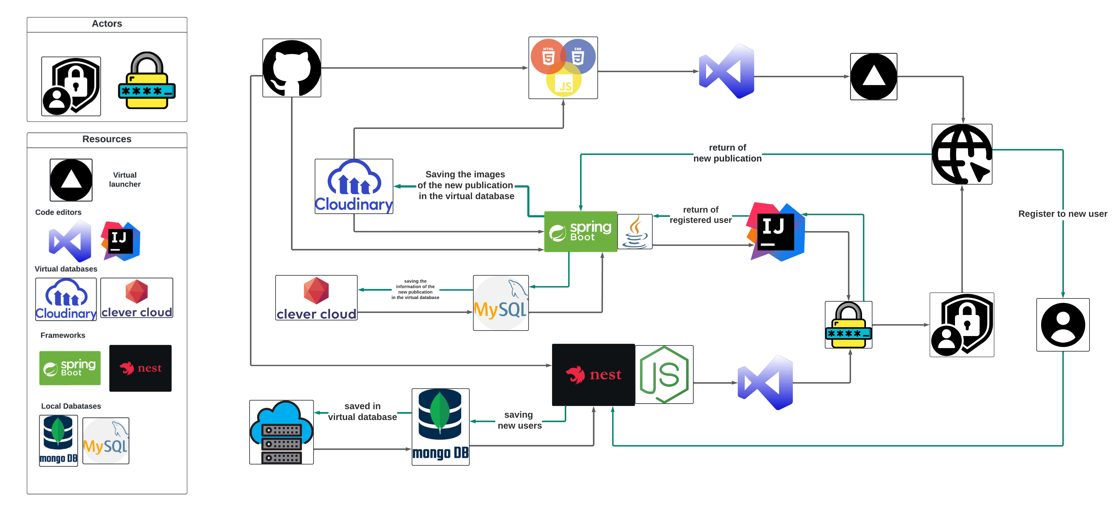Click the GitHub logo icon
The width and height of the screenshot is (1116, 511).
(291, 68)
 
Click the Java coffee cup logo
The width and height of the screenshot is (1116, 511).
(635, 232)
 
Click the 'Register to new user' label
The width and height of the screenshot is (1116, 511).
(1062, 214)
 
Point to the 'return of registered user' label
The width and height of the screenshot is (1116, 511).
(701, 215)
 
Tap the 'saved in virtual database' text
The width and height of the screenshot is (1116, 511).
(362, 411)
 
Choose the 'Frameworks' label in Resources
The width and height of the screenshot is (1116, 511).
(63, 335)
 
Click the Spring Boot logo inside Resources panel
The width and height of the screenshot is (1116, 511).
(70, 368)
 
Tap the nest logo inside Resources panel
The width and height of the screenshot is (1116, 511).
(140, 368)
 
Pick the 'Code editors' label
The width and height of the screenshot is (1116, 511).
(58, 212)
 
